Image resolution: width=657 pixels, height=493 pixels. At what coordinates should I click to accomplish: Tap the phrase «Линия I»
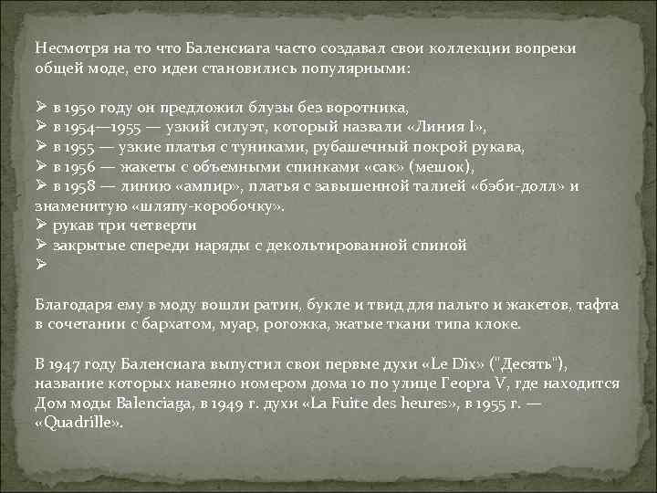pos(444,127)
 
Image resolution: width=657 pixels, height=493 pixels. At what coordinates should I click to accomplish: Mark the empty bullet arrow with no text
pos(39,265)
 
